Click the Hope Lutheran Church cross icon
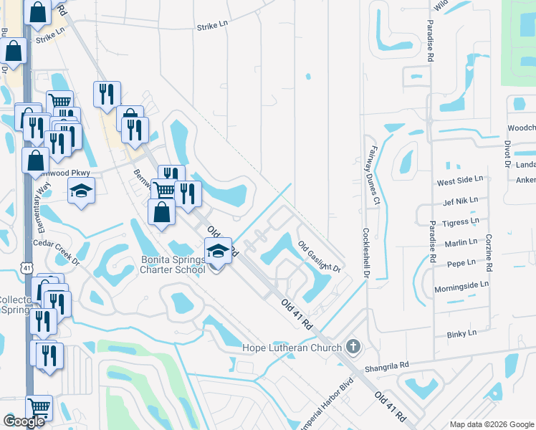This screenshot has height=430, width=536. [x=352, y=347]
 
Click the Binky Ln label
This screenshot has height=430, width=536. [x=461, y=333]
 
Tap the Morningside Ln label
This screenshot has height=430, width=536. [x=461, y=285]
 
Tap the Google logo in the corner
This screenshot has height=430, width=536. [x=24, y=421]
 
